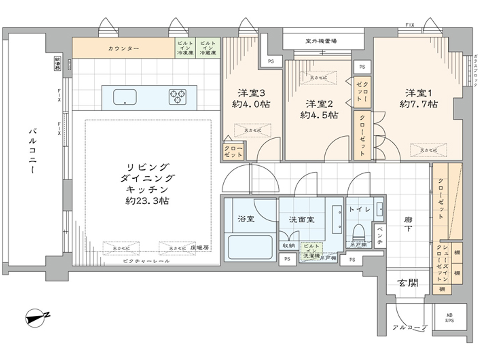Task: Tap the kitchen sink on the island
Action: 125,97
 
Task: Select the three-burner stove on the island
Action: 178,97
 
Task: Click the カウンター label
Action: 123,48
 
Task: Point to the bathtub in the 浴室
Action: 250,246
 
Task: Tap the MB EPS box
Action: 449,318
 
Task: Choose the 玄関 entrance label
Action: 408,283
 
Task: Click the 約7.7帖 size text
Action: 419,104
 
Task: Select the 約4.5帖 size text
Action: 319,115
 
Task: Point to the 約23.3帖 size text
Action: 147,201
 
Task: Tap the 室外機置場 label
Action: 321,41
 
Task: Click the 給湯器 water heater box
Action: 57,63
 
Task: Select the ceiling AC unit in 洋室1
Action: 429,150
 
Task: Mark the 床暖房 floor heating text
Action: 200,248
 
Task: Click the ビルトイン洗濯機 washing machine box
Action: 311,251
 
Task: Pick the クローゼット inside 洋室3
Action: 233,151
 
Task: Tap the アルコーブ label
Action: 410,327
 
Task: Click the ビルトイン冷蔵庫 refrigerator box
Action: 208,48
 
